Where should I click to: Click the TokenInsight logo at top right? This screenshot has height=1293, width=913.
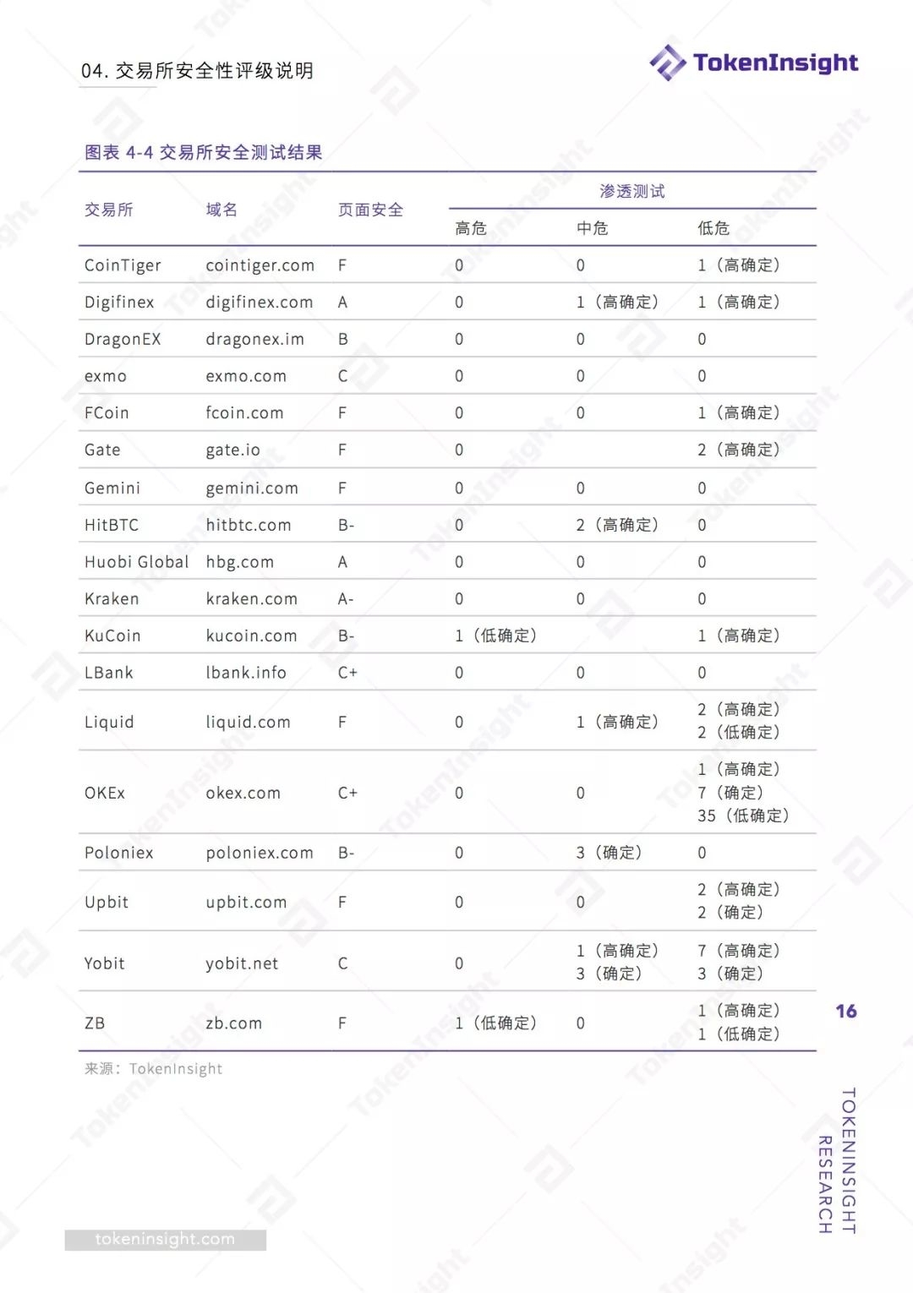pyautogui.click(x=753, y=63)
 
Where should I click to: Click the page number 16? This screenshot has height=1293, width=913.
pyautogui.click(x=845, y=1012)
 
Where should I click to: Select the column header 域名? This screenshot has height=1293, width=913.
pyautogui.click(x=221, y=210)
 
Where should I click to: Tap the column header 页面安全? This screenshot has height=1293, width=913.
pyautogui.click(x=370, y=210)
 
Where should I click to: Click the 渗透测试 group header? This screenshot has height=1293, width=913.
pyautogui.click(x=631, y=192)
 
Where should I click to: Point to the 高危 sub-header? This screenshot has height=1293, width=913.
pyautogui.click(x=471, y=228)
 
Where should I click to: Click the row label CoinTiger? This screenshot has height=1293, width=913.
pyautogui.click(x=123, y=265)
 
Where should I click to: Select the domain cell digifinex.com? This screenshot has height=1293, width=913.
pyautogui.click(x=259, y=303)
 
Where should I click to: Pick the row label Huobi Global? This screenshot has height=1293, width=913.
pyautogui.click(x=136, y=562)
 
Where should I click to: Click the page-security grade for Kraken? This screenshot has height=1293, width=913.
pyautogui.click(x=346, y=599)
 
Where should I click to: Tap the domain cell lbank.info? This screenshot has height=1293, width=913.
pyautogui.click(x=246, y=673)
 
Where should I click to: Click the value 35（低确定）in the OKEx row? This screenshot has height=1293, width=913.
pyautogui.click(x=742, y=816)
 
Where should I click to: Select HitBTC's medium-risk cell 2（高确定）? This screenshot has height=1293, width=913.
pyautogui.click(x=616, y=525)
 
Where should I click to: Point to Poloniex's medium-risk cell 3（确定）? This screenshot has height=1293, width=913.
pyautogui.click(x=609, y=853)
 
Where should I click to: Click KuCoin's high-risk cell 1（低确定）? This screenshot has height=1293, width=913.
pyautogui.click(x=495, y=636)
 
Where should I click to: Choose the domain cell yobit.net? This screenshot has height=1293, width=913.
pyautogui.click(x=242, y=963)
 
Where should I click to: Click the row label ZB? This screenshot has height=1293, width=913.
pyautogui.click(x=95, y=1023)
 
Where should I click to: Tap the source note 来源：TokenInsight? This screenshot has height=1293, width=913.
pyautogui.click(x=153, y=1069)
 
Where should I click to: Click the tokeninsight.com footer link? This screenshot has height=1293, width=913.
pyautogui.click(x=165, y=1240)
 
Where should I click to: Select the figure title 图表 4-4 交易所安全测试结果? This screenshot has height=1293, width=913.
pyautogui.click(x=203, y=153)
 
